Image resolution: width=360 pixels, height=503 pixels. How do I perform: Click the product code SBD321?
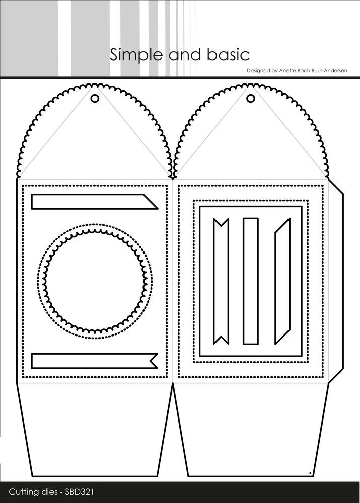[80, 492]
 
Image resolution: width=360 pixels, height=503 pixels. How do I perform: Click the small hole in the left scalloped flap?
[95, 99]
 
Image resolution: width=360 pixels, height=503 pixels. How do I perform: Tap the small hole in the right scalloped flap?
[251, 99]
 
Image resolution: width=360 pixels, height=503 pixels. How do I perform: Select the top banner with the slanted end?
[95, 202]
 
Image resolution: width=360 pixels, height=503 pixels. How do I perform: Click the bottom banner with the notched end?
[95, 361]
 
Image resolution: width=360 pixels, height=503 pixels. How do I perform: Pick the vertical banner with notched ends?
[221, 281]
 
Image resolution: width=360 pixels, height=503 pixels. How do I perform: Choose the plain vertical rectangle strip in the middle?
[251, 281]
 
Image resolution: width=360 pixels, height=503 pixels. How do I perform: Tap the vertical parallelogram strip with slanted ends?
[282, 281]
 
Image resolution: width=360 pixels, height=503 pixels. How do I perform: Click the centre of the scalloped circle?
[95, 281]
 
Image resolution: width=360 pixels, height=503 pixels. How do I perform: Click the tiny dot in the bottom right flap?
[309, 472]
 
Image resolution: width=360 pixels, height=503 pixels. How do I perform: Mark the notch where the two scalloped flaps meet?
[173, 177]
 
